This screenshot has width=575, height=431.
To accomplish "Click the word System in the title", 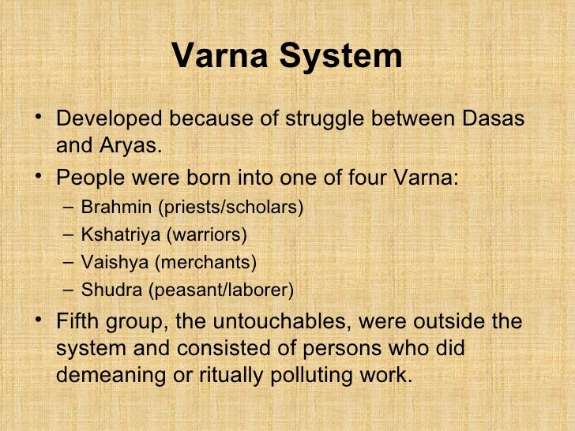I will point(343,57).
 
